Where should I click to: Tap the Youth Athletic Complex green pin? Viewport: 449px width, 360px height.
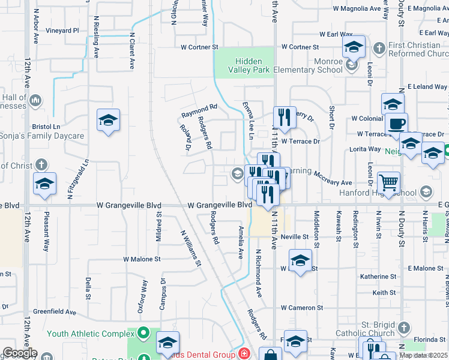pos(143,332)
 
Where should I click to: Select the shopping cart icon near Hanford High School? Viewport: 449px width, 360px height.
pos(389,182)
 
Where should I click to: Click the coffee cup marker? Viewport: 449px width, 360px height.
pos(396,124)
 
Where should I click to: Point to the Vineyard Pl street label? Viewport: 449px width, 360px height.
pos(62,30)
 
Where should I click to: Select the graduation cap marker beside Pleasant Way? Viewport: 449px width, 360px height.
pos(44,183)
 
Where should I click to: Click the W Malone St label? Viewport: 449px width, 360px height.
pos(142,259)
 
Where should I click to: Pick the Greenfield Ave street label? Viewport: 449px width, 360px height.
pos(55,312)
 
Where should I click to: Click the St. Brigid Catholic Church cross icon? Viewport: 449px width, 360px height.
pos(403,328)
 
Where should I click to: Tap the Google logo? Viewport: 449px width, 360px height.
pos(19,353)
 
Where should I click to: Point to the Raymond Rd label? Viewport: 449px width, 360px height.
pos(199,110)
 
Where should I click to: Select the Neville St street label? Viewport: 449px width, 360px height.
pos(294,237)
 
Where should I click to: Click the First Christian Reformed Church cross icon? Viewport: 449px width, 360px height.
pos(379,47)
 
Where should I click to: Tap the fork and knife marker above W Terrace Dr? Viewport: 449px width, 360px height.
pos(283,116)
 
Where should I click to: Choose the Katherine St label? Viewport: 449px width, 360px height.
pos(378,277)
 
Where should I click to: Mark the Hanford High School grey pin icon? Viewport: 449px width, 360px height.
pos(426,193)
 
